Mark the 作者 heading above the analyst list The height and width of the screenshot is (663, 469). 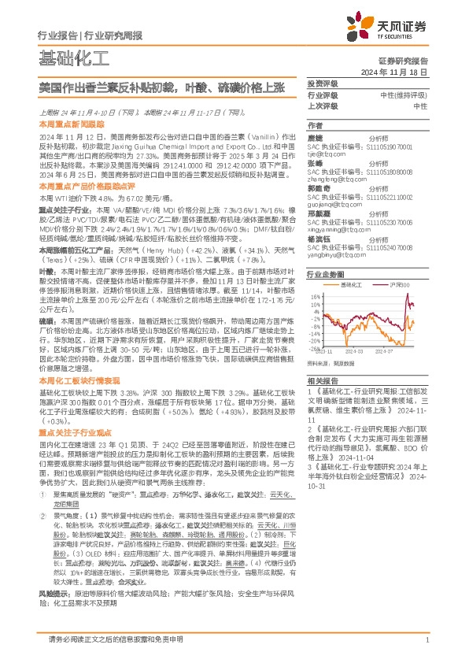pyautogui.click(x=314, y=126)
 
